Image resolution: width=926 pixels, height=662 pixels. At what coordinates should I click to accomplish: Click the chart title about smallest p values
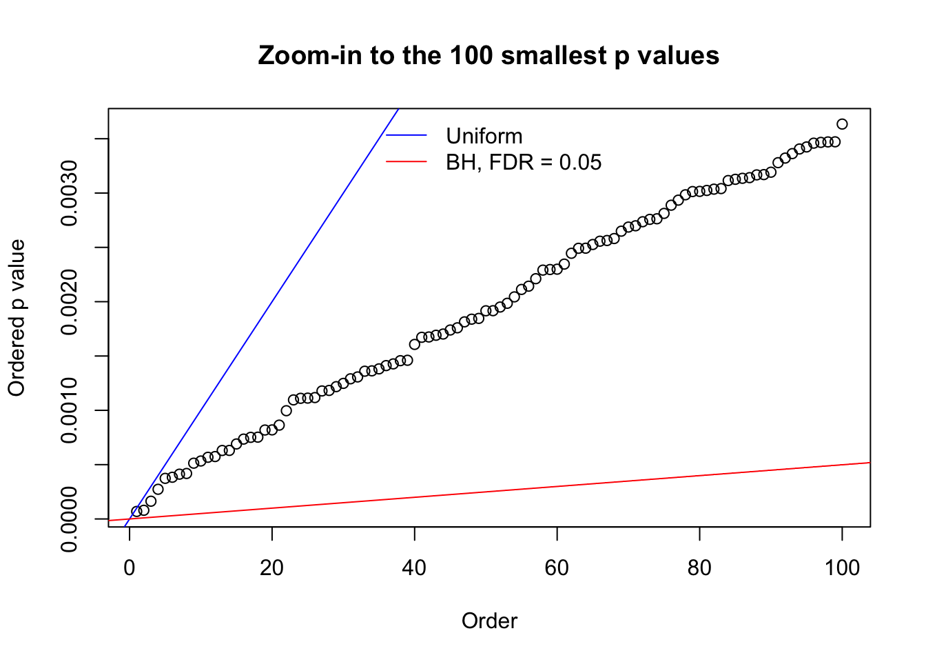pos(488,55)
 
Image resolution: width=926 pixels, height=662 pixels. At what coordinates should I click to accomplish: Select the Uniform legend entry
pos(484,136)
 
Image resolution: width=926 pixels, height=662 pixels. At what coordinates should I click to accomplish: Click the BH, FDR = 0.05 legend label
pos(524,162)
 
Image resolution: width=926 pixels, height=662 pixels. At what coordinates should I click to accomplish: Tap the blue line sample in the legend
pos(407,136)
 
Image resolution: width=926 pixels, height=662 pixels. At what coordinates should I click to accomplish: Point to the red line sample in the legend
pos(407,162)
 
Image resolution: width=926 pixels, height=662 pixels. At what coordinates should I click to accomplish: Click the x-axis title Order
pos(489,621)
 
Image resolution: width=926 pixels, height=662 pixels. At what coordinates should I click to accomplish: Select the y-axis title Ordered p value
pos(17,318)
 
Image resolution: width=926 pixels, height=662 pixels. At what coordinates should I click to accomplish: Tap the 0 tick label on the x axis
pos(130,568)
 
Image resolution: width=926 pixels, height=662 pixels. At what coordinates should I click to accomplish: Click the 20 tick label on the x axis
pos(272,568)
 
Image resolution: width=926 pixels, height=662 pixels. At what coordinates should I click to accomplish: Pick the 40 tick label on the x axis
pos(414,568)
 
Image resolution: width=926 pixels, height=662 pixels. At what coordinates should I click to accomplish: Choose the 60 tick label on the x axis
pos(557,568)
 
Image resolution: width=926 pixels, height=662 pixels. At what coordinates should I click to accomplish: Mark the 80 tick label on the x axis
pos(699,568)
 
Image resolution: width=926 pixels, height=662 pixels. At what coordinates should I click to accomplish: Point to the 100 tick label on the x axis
pos(842,568)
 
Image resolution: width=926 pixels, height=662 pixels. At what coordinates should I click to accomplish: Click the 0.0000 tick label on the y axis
pos(70,519)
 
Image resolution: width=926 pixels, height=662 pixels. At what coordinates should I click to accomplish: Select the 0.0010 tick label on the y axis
pos(70,410)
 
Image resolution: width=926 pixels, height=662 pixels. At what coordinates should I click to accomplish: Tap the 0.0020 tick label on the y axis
pos(70,302)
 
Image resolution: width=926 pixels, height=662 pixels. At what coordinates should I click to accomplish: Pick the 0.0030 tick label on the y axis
pos(70,193)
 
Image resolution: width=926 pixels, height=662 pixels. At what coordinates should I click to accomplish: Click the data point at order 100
pos(842,124)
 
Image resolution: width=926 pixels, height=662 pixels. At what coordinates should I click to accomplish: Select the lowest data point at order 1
pos(136,512)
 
